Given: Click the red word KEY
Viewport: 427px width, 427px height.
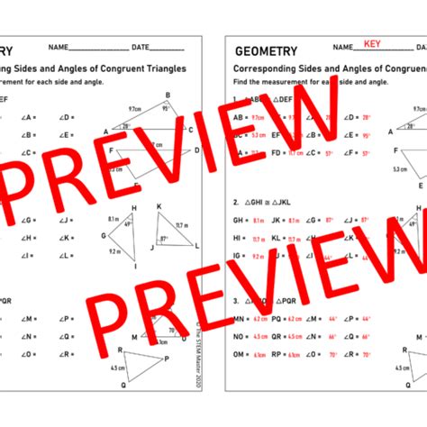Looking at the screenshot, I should coord(371,44).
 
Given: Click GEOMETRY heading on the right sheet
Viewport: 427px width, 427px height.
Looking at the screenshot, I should coord(268,50).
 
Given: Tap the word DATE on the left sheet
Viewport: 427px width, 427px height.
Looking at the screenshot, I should coord(141,47).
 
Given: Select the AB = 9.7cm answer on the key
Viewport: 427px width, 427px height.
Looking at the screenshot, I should coord(248,117).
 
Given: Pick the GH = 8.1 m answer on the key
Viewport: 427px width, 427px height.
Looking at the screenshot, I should coord(248,220).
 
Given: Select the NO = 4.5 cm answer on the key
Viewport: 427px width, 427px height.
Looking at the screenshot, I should coord(250,336).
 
